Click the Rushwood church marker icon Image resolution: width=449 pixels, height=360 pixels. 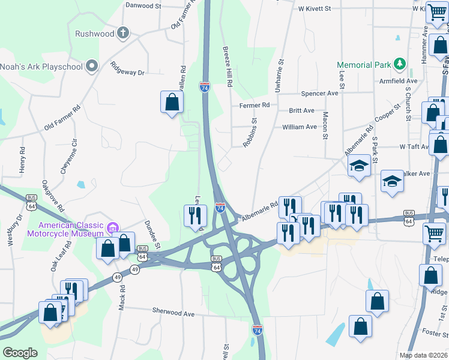tap(123, 33)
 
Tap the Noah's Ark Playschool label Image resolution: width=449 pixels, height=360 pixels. tap(41, 66)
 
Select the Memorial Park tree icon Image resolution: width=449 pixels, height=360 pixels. tap(399, 64)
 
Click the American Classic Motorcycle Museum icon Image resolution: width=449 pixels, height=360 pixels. tap(112, 227)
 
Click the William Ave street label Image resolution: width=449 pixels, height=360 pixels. tap(300, 127)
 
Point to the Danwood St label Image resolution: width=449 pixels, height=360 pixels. tap(143, 5)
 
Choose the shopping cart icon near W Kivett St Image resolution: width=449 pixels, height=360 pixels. tap(436, 13)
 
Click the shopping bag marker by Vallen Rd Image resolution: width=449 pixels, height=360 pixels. tap(172, 101)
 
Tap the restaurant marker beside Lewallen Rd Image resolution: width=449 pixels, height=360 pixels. tap(194, 215)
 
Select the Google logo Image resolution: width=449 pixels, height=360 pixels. tap(20, 353)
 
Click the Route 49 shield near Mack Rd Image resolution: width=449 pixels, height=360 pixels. tap(116, 277)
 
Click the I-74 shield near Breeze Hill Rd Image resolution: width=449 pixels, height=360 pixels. tap(205, 88)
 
